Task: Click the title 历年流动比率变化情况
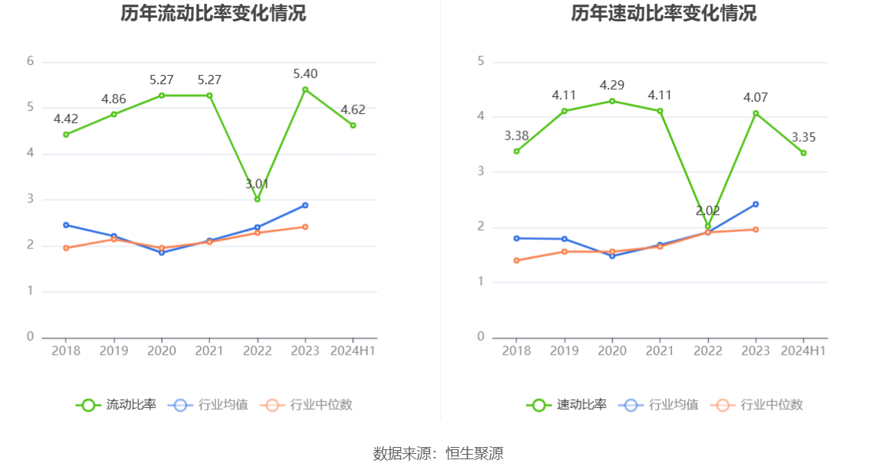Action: pos(213,14)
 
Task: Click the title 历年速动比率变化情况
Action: pos(664,14)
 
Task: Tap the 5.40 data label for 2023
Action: pos(305,74)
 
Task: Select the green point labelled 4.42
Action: pos(66,134)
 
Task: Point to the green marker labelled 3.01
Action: pos(257,199)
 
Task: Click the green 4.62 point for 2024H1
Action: pos(353,125)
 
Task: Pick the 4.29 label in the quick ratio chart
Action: pos(612,85)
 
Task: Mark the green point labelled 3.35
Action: pos(803,153)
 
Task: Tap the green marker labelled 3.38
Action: pos(516,151)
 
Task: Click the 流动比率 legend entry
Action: pos(116,405)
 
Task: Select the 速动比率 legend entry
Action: pos(567,405)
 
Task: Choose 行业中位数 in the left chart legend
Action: pos(306,405)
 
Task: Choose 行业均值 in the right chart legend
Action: pos(661,405)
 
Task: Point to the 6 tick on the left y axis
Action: pos(31,61)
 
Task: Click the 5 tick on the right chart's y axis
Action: pos(481,61)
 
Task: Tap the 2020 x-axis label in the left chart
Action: pos(161,351)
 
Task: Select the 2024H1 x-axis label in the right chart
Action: pos(803,351)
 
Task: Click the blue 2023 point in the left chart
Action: pos(305,205)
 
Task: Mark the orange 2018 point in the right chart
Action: pos(516,261)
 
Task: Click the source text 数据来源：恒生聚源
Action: pos(438,454)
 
